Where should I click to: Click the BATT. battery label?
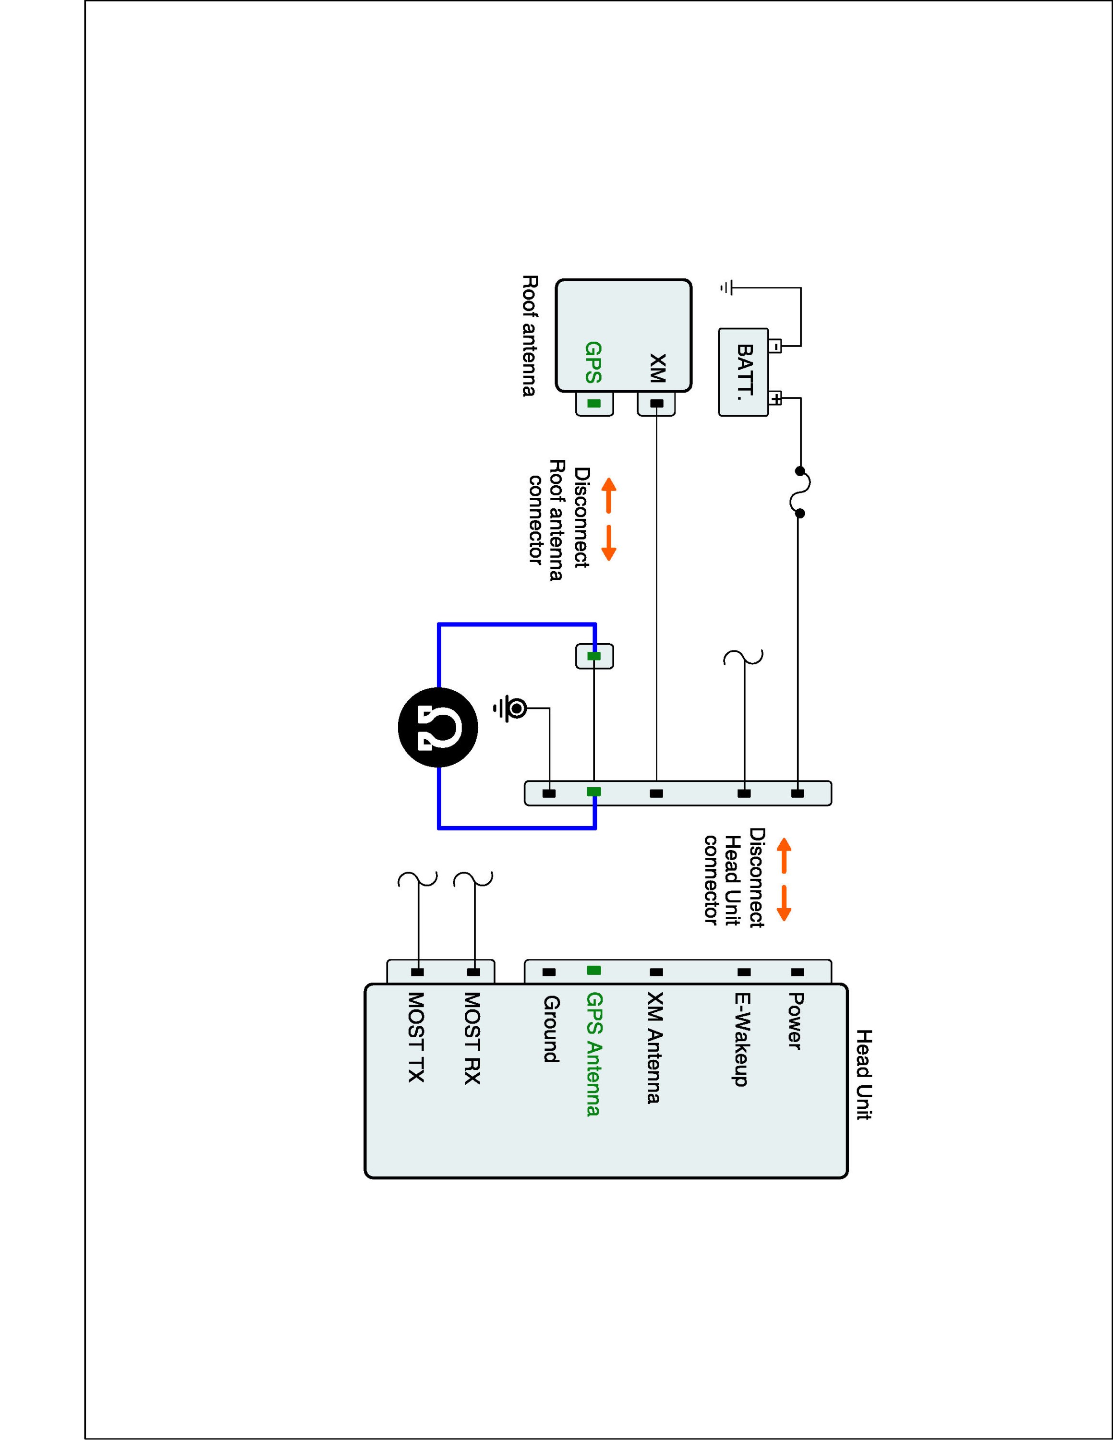745,372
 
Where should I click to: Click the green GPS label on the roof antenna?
593,362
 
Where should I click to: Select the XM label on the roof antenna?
657,368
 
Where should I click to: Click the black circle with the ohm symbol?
438,727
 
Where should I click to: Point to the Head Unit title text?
864,1074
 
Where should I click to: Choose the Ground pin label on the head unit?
551,1029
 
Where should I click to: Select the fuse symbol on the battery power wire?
800,492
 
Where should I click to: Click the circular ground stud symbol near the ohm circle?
518,709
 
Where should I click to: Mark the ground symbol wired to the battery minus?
726,288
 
